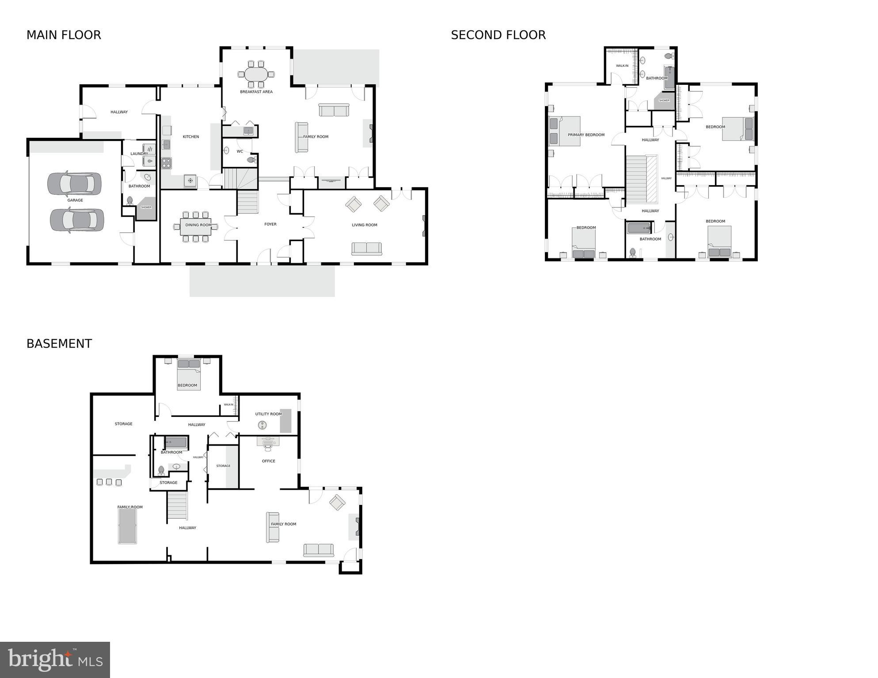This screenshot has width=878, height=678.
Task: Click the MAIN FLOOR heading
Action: tap(64, 35)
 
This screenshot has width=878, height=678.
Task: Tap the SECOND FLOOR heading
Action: tap(498, 35)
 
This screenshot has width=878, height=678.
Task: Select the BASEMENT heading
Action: tap(59, 344)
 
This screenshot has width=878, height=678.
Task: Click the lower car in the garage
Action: tap(77, 220)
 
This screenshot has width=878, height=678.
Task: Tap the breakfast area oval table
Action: tap(256, 74)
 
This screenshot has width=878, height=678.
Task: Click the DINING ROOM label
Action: tap(198, 225)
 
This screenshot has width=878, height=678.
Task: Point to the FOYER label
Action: tap(270, 224)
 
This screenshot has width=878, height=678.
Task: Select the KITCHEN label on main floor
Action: tap(191, 137)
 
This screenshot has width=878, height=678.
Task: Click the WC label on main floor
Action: tap(240, 152)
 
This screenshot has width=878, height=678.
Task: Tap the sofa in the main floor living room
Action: tap(367, 249)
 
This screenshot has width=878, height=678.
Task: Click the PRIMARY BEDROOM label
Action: tap(586, 135)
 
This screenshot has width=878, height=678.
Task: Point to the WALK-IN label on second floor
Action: tap(622, 66)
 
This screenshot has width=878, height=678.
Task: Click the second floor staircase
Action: tap(636, 179)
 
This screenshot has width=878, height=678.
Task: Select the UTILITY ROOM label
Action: tap(268, 414)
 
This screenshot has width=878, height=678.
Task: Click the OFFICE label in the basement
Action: tap(268, 461)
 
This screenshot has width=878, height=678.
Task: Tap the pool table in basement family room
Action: tap(127, 526)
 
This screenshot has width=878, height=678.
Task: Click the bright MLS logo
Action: tap(55, 659)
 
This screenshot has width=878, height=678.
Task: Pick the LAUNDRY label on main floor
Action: tap(139, 154)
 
